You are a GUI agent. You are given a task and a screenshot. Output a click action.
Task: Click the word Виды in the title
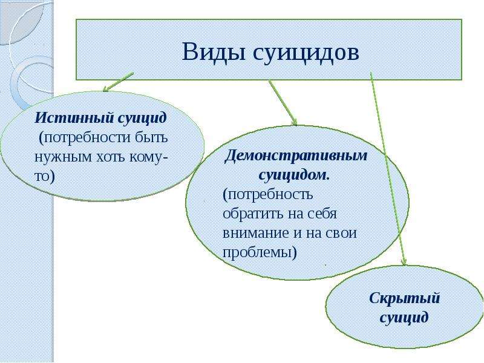coord(214,51)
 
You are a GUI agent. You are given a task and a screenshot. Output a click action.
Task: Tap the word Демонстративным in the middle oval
coord(296,155)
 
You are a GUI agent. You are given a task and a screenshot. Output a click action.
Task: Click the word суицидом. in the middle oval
coord(294,175)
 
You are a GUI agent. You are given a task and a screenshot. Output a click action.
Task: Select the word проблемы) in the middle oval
coord(260,253)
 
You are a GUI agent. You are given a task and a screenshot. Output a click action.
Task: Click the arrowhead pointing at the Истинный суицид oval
coord(105,89)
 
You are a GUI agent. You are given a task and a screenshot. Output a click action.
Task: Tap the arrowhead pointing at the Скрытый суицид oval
coord(404,262)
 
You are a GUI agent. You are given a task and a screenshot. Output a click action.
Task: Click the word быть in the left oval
coord(151,137)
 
